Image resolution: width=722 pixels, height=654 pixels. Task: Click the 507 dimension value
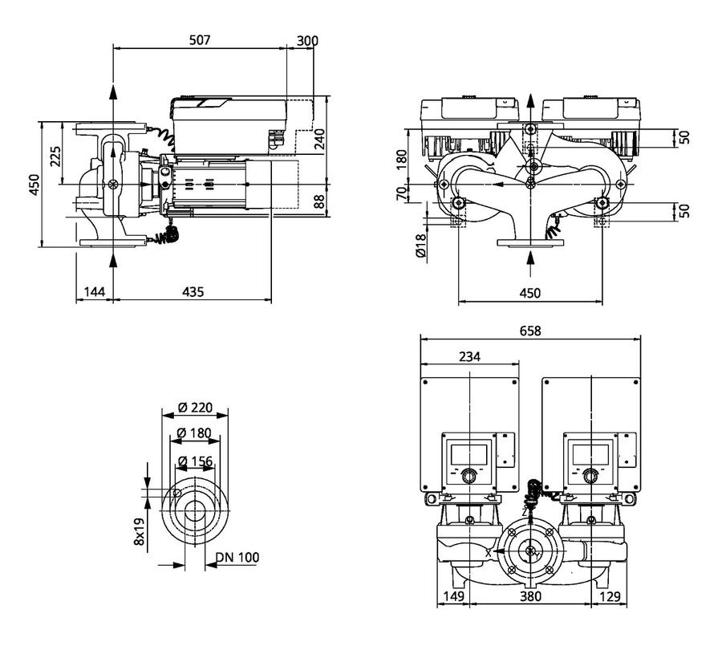(x=200, y=40)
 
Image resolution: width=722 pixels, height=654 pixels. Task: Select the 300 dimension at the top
(x=307, y=41)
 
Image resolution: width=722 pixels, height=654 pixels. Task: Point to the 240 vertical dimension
(x=319, y=139)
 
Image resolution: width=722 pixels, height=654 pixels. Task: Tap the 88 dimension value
(x=319, y=201)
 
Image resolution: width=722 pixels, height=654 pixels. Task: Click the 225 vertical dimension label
(x=55, y=156)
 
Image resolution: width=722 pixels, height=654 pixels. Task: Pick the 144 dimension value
(x=95, y=291)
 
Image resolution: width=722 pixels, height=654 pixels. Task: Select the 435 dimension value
(x=193, y=291)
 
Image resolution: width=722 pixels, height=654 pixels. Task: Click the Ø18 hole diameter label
(x=421, y=245)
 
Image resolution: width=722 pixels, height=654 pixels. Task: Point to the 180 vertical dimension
(x=402, y=160)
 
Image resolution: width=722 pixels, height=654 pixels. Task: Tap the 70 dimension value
(x=402, y=193)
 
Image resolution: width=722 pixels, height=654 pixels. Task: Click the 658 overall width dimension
(x=530, y=331)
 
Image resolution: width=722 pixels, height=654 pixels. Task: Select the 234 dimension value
(x=469, y=356)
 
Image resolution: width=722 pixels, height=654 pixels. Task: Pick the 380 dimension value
(x=530, y=596)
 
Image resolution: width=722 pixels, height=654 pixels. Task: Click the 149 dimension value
(x=453, y=596)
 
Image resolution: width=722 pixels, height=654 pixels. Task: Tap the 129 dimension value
(x=610, y=596)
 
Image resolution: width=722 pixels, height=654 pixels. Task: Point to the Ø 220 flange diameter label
(x=195, y=407)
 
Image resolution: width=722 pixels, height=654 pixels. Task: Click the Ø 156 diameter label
(x=195, y=461)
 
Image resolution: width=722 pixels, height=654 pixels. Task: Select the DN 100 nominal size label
(x=237, y=557)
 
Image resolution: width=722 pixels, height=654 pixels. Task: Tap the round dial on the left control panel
(x=468, y=476)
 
